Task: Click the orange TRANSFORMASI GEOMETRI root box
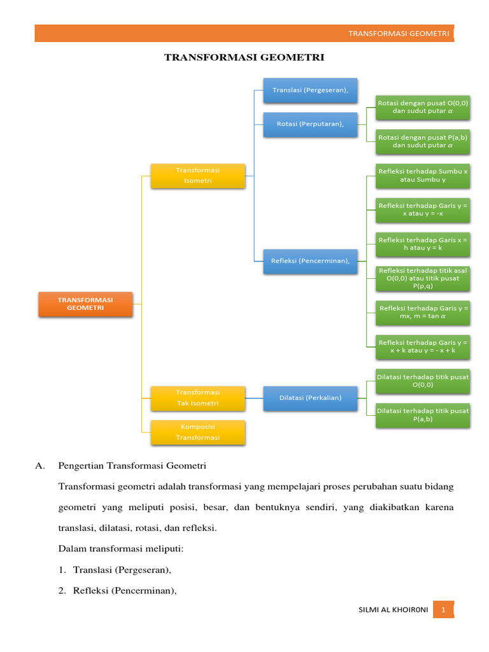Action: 85,304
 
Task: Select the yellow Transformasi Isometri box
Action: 198,176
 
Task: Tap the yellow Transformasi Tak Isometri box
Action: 198,398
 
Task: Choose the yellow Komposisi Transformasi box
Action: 198,432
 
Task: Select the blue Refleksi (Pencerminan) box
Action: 310,261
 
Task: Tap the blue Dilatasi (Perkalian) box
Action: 310,398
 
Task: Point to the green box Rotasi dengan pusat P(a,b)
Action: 423,141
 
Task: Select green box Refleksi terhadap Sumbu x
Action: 423,175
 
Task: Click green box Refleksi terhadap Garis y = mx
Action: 423,312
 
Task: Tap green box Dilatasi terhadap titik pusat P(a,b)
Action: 423,415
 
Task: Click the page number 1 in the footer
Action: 443,611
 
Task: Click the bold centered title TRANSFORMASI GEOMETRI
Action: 244,57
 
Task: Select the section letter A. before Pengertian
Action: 40,466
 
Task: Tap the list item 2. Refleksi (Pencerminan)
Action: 117,591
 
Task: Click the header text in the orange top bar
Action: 399,34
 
